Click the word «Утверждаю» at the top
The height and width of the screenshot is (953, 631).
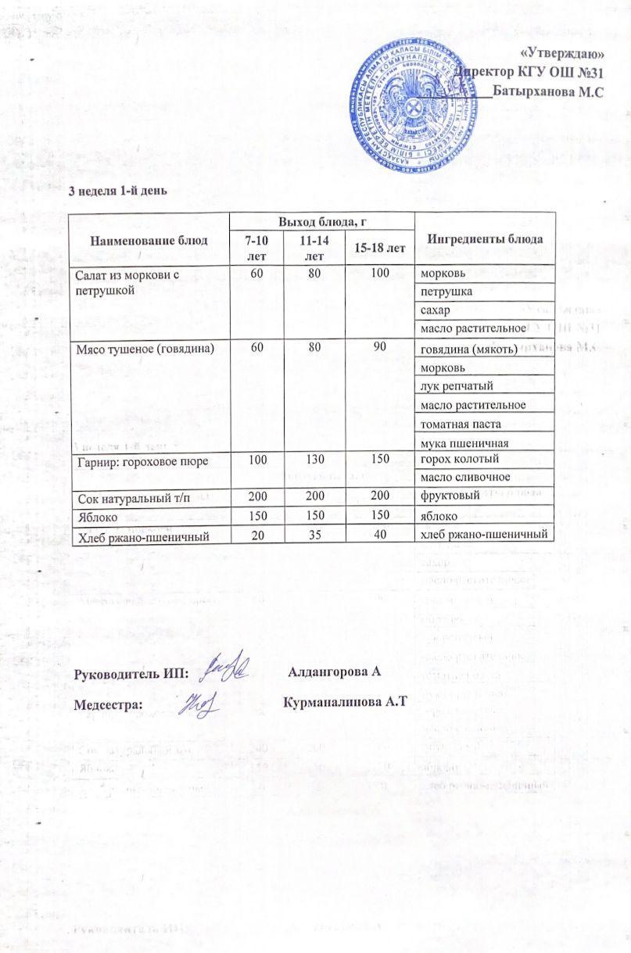tap(561, 54)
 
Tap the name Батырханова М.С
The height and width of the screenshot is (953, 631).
tap(552, 91)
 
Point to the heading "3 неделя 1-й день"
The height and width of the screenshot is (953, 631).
tap(117, 190)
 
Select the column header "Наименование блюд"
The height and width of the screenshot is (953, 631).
tap(149, 239)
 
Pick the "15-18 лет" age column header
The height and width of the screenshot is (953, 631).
tap(381, 248)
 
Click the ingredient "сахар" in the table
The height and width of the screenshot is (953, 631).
tap(434, 310)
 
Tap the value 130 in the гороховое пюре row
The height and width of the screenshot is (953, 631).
tap(314, 460)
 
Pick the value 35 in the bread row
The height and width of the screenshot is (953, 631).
tap(314, 535)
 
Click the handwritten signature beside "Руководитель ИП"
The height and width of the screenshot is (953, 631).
tap(226, 665)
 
